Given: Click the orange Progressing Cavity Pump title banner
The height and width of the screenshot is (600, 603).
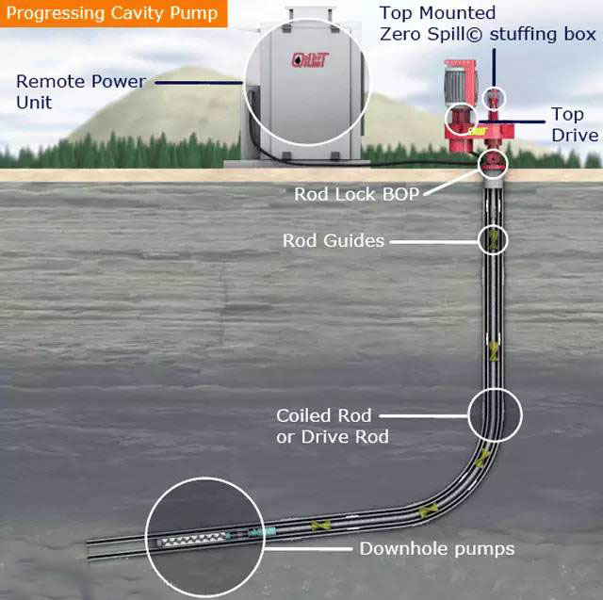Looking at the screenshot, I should pos(113,13).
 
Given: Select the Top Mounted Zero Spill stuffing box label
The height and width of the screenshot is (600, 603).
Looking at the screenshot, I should pos(487,24).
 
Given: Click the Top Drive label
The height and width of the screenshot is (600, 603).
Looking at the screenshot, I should pos(574,124).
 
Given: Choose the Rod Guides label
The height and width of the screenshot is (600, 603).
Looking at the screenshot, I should pos(334,240).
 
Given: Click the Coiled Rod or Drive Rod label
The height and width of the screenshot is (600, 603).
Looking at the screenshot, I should pos(324,425).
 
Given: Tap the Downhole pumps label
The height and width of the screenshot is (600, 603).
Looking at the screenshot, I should pos(437,547).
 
